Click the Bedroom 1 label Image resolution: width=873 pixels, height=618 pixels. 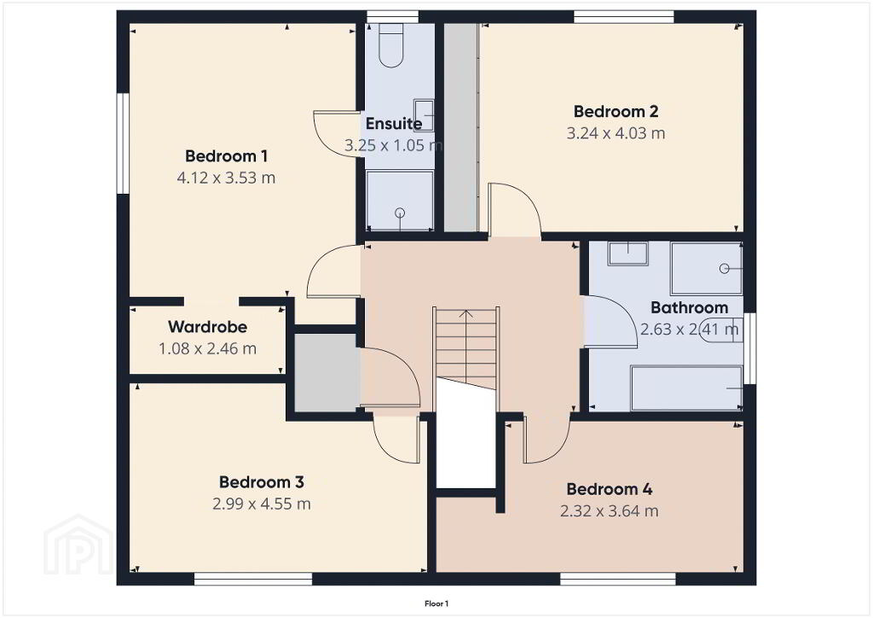coord(226,156)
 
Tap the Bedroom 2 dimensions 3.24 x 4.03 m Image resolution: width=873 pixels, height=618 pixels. coord(616,134)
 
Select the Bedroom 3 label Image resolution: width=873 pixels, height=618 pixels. coord(261,482)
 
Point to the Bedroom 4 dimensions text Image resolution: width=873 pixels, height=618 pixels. coord(609,511)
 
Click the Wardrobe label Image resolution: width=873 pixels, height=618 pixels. coord(208,327)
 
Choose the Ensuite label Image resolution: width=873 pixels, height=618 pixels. coord(394,123)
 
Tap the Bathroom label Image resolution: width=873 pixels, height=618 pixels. coord(689,307)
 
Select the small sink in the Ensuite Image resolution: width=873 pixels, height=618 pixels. coord(424,115)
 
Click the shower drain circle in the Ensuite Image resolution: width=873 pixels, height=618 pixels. coord(400,213)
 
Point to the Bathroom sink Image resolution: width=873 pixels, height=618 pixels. coord(628,254)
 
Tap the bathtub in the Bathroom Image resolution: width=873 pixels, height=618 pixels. coord(686,388)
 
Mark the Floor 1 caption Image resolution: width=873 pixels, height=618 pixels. coord(436,603)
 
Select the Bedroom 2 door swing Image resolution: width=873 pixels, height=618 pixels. coord(514,210)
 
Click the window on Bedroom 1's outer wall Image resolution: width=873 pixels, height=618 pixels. coord(123,143)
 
